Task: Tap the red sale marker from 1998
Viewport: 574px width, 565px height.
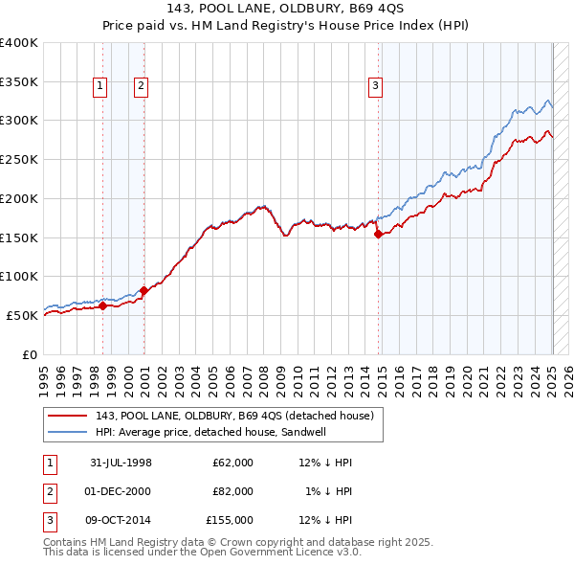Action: click(x=103, y=306)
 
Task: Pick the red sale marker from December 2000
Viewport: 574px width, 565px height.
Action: click(x=143, y=290)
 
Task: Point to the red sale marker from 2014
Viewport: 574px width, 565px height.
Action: click(x=378, y=234)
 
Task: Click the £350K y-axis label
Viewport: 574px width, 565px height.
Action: click(x=19, y=81)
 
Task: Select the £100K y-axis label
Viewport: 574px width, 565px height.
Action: click(x=19, y=276)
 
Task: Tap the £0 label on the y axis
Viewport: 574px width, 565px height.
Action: click(x=29, y=354)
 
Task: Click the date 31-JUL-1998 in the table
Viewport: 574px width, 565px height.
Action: click(x=121, y=463)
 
